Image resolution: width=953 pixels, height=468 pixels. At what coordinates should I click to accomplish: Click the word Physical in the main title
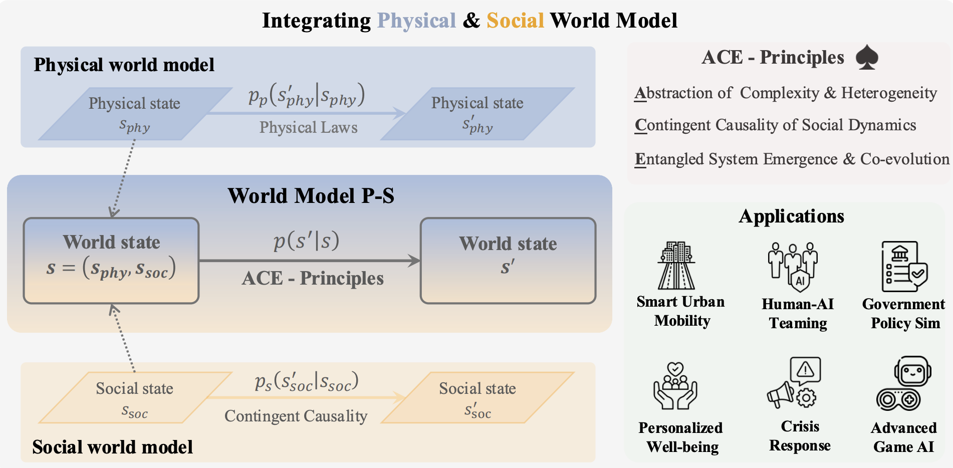point(416,21)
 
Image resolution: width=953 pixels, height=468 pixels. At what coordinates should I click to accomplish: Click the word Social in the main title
point(515,21)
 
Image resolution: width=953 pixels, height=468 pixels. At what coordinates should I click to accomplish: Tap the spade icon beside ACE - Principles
point(867,57)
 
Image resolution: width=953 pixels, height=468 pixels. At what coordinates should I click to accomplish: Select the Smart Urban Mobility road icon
point(676,265)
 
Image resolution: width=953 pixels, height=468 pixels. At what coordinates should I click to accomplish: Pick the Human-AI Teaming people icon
point(793,266)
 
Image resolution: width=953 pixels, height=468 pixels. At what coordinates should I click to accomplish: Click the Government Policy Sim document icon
point(904,266)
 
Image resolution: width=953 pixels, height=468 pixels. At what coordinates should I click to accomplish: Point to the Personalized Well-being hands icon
point(675,386)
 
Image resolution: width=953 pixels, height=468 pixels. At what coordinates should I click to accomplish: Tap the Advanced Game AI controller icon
point(904,383)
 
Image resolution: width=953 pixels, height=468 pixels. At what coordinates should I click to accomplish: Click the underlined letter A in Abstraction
point(640,93)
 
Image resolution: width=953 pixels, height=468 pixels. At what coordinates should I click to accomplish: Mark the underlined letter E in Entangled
point(640,159)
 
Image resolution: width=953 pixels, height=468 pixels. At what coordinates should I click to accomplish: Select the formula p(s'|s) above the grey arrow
point(307,241)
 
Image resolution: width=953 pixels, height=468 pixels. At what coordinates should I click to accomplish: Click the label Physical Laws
point(308,127)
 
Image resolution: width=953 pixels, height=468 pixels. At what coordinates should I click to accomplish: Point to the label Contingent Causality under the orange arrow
point(296,416)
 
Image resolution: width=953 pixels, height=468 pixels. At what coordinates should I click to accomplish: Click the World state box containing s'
point(508,261)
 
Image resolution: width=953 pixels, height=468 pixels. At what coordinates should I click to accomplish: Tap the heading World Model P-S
point(311,195)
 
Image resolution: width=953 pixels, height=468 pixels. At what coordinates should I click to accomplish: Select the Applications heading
point(791,216)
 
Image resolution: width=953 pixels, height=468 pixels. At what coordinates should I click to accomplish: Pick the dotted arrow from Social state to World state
point(123,338)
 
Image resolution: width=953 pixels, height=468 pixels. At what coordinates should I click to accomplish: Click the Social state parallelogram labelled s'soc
point(478,398)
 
